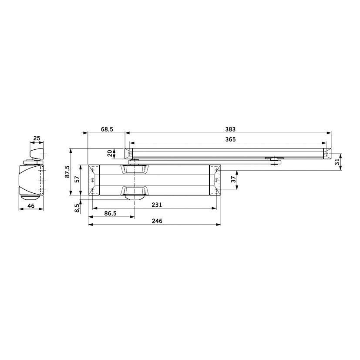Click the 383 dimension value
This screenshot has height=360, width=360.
tap(230, 129)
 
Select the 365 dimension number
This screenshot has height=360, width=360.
tap(230, 139)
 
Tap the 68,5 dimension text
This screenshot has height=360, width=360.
tap(107, 129)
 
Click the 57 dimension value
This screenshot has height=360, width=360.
tap(77, 179)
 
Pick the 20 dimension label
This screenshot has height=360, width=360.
tap(110, 153)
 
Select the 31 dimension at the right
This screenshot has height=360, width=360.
tap(337, 162)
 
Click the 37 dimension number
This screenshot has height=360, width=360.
tap(233, 179)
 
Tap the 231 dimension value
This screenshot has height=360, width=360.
tap(157, 205)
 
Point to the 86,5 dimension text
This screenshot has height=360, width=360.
tap(110, 214)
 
